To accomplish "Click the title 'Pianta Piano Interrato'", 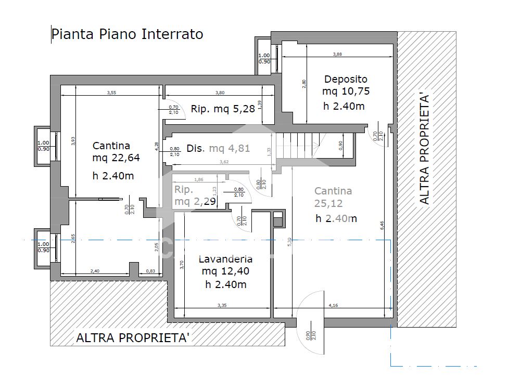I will pyautogui.click(x=128, y=34).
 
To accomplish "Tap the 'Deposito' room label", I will pyautogui.click(x=346, y=79).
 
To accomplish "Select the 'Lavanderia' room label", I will pyautogui.click(x=225, y=259).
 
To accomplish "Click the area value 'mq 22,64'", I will pyautogui.click(x=116, y=158).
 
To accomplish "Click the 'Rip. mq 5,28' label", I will pyautogui.click(x=223, y=109).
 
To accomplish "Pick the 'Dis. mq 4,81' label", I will pyautogui.click(x=218, y=148).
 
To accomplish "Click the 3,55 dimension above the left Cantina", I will pyautogui.click(x=111, y=93).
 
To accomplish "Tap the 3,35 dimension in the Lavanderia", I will pyautogui.click(x=222, y=305).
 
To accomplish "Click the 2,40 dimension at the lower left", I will pyautogui.click(x=95, y=271).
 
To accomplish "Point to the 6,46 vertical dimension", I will pyautogui.click(x=383, y=225).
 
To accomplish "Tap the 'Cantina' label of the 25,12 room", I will pyautogui.click(x=333, y=191).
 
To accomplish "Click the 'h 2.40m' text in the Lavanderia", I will pyautogui.click(x=225, y=284).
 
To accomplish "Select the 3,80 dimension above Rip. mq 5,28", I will pyautogui.click(x=220, y=93).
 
